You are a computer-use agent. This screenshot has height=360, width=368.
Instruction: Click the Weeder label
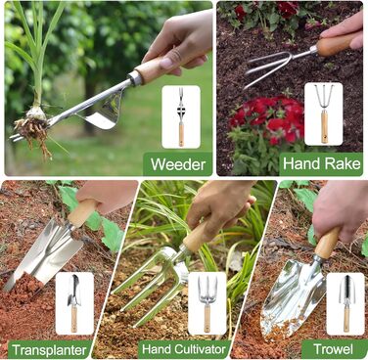pyautogui.click(x=178, y=164)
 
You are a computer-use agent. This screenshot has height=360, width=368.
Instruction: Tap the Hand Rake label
pyautogui.click(x=322, y=163)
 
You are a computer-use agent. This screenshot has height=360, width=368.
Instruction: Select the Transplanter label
pyautogui.click(x=49, y=350)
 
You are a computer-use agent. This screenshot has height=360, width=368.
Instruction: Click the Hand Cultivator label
pyautogui.click(x=184, y=349)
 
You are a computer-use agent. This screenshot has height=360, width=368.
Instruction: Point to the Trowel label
pyautogui.click(x=333, y=349)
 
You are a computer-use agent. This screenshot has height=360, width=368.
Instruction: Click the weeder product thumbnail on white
pyautogui.click(x=181, y=117)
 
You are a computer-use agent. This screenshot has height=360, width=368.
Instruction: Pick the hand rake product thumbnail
pyautogui.click(x=324, y=113)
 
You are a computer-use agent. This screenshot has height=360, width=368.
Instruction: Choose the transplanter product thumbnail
pyautogui.click(x=74, y=303)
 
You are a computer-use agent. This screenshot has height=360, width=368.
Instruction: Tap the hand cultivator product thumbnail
pyautogui.click(x=207, y=303)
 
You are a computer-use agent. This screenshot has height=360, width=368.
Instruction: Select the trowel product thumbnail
pyautogui.click(x=345, y=304)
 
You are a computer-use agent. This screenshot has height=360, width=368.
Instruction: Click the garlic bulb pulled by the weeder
pyautogui.click(x=35, y=113)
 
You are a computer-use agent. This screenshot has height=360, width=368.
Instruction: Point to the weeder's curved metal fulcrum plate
pyautogui.click(x=105, y=111)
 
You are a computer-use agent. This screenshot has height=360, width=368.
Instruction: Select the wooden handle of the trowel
pyautogui.click(x=327, y=243)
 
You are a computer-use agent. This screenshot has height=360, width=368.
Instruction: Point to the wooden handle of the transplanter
pyautogui.click(x=81, y=212)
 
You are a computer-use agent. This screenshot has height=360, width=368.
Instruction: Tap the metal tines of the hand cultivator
pyautogui.click(x=150, y=286)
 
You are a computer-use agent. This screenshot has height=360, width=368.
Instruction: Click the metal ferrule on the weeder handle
pyautogui.click(x=135, y=78)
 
